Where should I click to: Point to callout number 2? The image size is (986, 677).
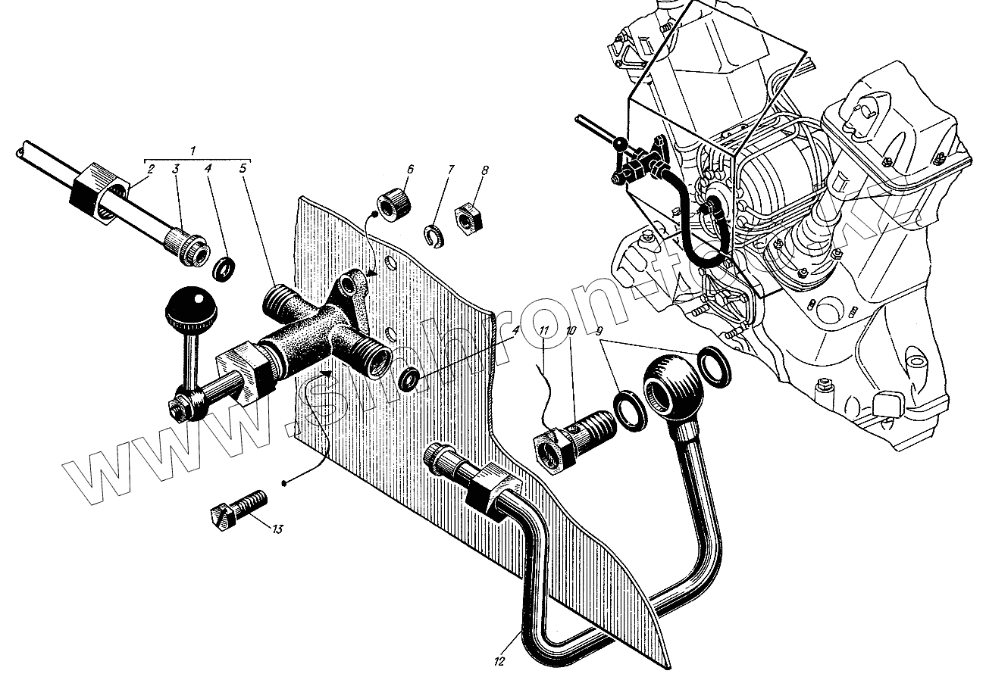pyautogui.click(x=151, y=170)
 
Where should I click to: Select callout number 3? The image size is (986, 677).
pyautogui.click(x=177, y=170)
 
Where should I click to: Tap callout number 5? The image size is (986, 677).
pyautogui.click(x=243, y=170)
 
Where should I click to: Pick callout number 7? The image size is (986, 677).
pyautogui.click(x=449, y=170)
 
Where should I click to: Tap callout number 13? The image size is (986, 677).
pyautogui.click(x=277, y=529)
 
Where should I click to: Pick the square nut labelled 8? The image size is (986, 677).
pyautogui.click(x=467, y=217)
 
